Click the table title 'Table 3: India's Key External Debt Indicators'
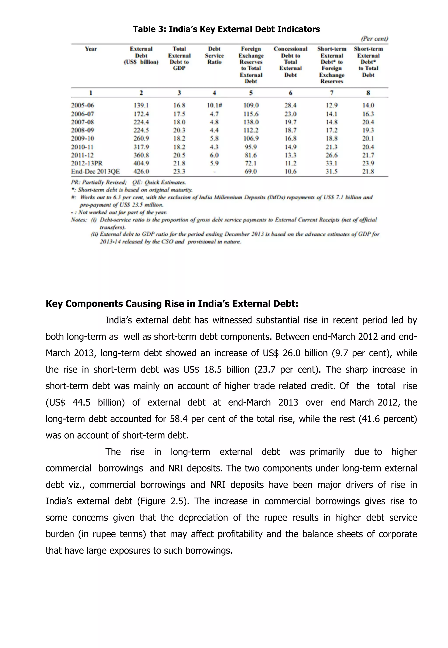pyautogui.click(x=226, y=29)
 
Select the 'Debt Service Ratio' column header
pyautogui.click(x=214, y=55)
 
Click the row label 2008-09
pyautogui.click(x=82, y=130)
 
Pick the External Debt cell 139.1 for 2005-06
pyautogui.click(x=141, y=105)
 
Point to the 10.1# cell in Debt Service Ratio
pyautogui.click(x=214, y=105)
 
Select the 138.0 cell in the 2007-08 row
pyautogui.click(x=251, y=122)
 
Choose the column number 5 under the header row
pyautogui.click(x=251, y=93)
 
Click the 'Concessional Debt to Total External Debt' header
pyautogui.click(x=290, y=62)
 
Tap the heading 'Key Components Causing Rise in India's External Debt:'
pyautogui.click(x=172, y=304)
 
